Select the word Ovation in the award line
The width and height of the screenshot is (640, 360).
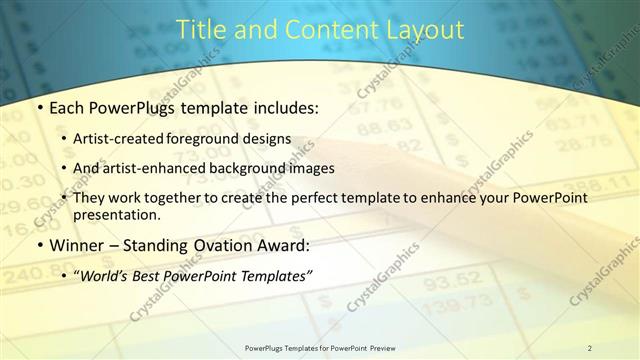click(x=229, y=245)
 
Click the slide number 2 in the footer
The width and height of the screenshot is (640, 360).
click(x=590, y=348)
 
